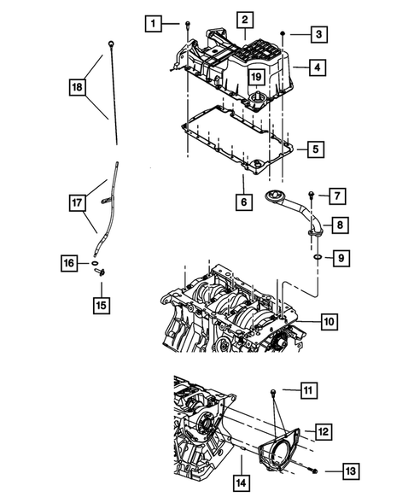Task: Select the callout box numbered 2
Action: click(x=244, y=19)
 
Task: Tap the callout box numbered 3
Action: click(x=317, y=35)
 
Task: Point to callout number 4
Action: click(x=317, y=67)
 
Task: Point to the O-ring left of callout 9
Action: click(x=316, y=254)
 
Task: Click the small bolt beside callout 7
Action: click(x=312, y=196)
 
